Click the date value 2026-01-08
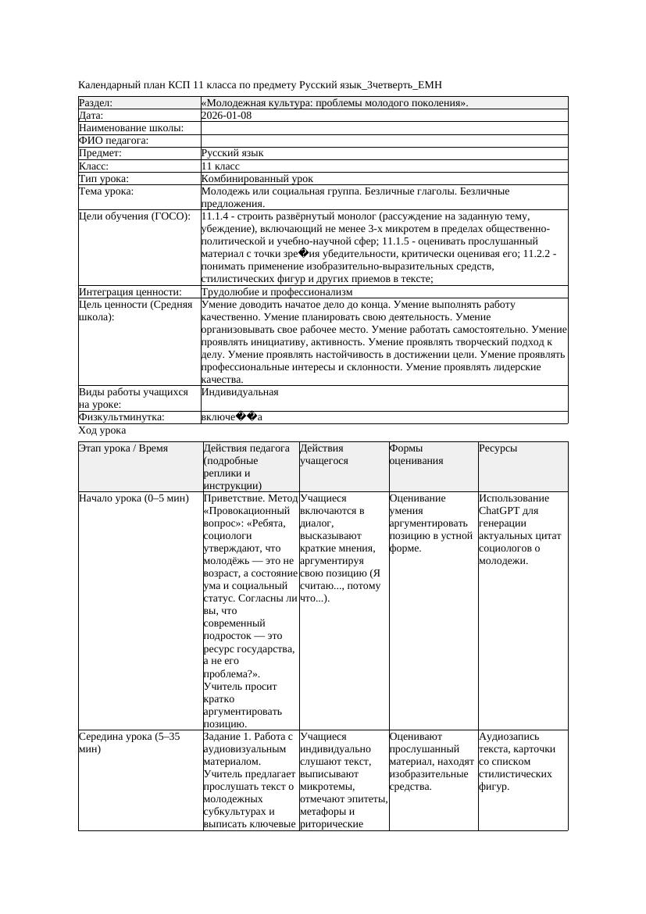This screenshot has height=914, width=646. (x=226, y=115)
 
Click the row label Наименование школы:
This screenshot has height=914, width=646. (x=131, y=128)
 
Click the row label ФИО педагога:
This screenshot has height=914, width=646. (x=114, y=141)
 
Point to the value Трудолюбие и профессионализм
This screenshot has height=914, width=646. (x=277, y=292)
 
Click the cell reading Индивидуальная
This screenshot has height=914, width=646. (x=240, y=392)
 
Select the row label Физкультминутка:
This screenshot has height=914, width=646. (x=122, y=417)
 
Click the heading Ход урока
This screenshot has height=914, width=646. (x=102, y=430)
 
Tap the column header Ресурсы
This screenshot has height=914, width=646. (x=498, y=448)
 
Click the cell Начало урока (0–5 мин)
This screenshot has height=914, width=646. (x=134, y=498)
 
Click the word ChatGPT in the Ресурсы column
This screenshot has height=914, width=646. (x=499, y=511)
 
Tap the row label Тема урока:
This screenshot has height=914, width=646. (x=106, y=191)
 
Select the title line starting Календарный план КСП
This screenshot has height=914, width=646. (x=265, y=84)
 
